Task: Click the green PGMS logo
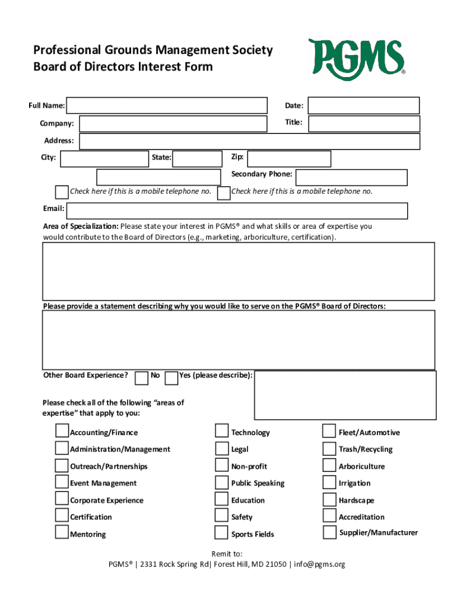[x=356, y=57]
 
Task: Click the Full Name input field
[x=167, y=106]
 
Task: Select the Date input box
[x=363, y=106]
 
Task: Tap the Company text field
[x=173, y=123]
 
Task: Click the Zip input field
[x=289, y=159]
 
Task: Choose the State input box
[x=198, y=159]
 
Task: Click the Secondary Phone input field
[x=351, y=177]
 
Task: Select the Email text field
[x=237, y=210]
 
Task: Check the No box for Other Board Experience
[x=141, y=378]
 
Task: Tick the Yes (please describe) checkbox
[x=171, y=378]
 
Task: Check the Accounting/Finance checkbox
[x=62, y=430]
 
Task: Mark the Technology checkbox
[x=221, y=430]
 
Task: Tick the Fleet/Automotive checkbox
[x=329, y=430]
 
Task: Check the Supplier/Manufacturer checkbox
[x=329, y=532]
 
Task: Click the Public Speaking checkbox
[x=221, y=482]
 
